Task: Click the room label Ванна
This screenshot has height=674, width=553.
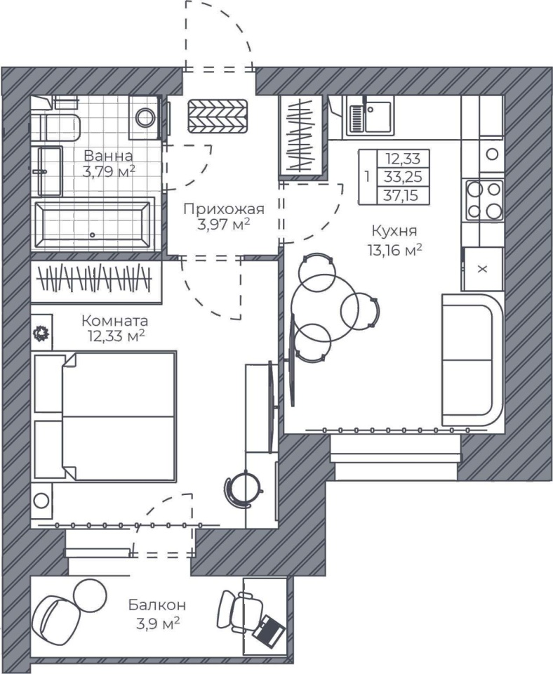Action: point(108,155)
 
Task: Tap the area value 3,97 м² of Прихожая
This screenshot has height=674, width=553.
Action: point(223,224)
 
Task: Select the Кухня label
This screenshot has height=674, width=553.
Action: point(394,231)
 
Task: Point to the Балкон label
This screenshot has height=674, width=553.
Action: point(157,605)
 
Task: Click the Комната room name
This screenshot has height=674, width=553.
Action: point(114,321)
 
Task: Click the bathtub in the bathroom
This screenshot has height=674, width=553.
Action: point(93,225)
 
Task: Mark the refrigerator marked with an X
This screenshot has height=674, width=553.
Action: point(482,269)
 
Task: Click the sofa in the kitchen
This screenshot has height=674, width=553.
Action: point(472,360)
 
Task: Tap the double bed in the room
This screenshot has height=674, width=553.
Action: point(105,416)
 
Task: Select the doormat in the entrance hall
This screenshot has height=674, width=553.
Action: point(218,116)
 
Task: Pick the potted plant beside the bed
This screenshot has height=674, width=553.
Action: point(41,333)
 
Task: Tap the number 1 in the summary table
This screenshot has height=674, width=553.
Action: point(367,177)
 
